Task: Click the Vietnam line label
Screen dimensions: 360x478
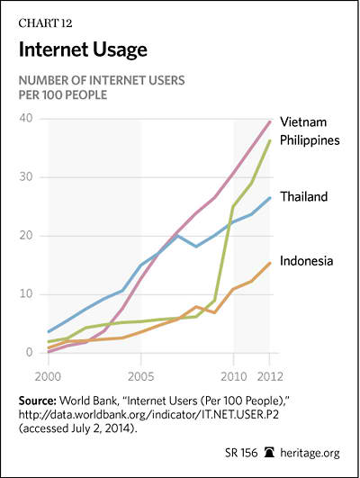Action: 303,122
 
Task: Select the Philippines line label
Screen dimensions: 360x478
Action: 310,140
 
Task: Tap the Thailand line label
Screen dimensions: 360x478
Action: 304,196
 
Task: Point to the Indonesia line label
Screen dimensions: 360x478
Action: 306,261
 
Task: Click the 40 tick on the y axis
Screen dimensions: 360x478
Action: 25,118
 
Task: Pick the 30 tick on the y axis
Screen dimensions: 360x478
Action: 25,176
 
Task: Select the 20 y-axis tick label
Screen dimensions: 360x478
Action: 25,236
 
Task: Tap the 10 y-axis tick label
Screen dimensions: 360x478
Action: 26,294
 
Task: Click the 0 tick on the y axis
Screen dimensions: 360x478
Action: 30,352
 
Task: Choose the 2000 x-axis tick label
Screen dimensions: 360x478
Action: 48,377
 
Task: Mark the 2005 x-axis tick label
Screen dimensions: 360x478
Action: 140,377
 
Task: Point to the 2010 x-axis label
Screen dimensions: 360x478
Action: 233,377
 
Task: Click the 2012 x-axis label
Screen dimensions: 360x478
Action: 270,377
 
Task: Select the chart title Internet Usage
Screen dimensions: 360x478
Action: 83,50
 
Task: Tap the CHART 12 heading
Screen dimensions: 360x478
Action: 45,23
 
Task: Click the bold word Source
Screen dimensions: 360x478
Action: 38,401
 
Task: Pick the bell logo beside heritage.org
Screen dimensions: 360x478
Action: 269,453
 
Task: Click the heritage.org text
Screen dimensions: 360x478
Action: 310,453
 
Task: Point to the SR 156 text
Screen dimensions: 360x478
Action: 241,453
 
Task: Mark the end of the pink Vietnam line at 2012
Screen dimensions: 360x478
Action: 269,122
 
